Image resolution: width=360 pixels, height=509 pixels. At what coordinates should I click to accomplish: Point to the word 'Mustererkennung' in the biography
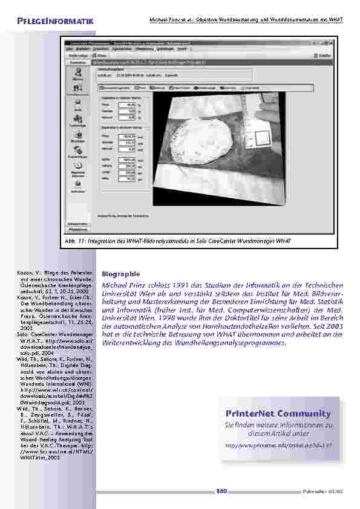(x=164, y=300)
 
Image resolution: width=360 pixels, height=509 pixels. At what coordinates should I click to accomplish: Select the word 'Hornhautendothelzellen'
(x=231, y=323)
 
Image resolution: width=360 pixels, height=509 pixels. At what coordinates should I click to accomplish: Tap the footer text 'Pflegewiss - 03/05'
(x=323, y=491)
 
